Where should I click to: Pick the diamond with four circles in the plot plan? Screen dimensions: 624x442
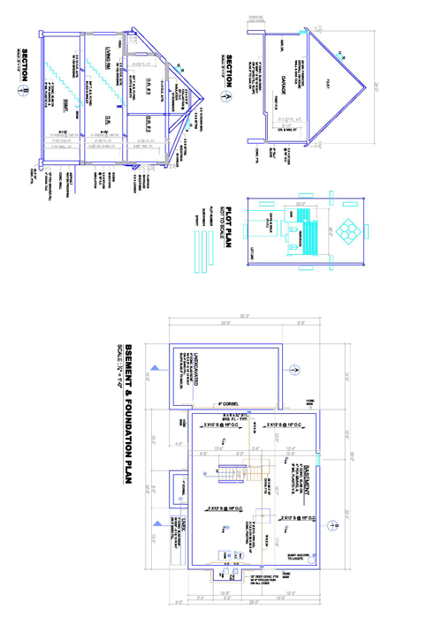point(347,231)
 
